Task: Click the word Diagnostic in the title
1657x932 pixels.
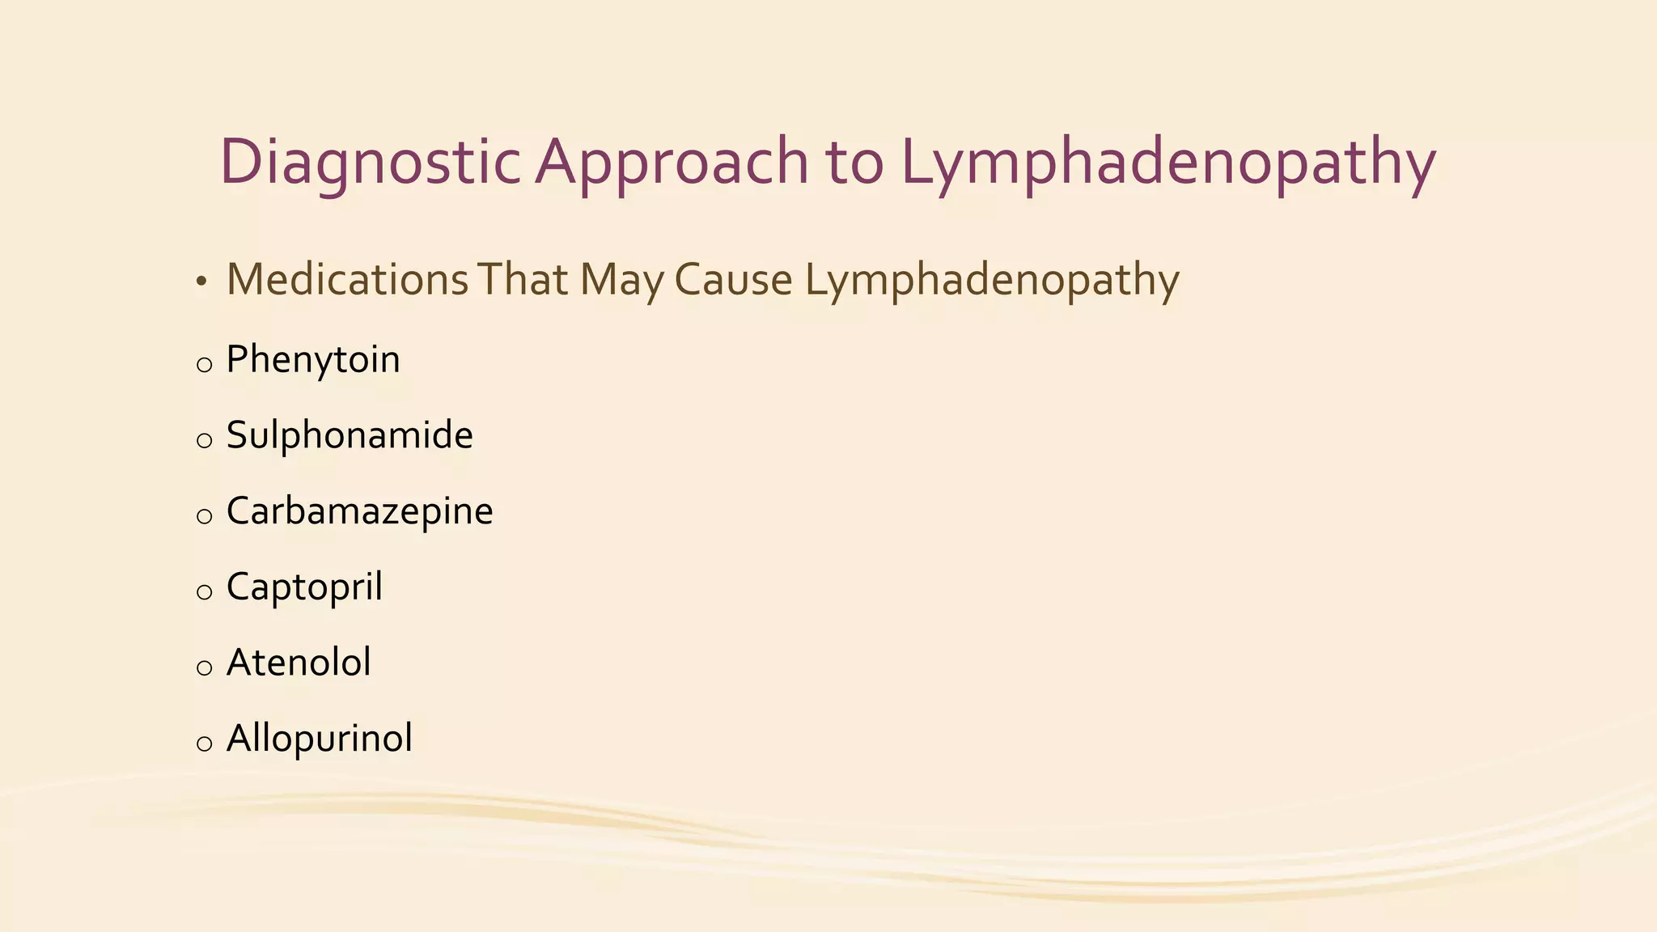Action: (369, 162)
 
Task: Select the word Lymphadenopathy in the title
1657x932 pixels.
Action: (1168, 162)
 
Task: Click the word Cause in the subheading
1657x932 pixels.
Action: (733, 280)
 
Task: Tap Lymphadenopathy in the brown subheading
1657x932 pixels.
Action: (992, 280)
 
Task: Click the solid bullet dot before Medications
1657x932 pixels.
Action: (201, 282)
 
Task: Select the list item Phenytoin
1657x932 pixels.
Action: (313, 359)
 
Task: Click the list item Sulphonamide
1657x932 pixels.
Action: (350, 435)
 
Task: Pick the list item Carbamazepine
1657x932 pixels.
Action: (359, 511)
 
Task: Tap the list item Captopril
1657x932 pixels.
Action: (304, 587)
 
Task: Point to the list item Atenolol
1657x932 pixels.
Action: (299, 663)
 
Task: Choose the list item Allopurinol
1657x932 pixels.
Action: (320, 738)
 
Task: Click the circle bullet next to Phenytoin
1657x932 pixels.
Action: (205, 365)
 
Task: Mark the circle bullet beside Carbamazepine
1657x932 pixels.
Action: (205, 516)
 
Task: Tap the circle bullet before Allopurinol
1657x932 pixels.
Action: (205, 743)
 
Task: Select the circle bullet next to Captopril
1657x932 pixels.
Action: (205, 592)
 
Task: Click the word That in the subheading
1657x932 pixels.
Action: (523, 280)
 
